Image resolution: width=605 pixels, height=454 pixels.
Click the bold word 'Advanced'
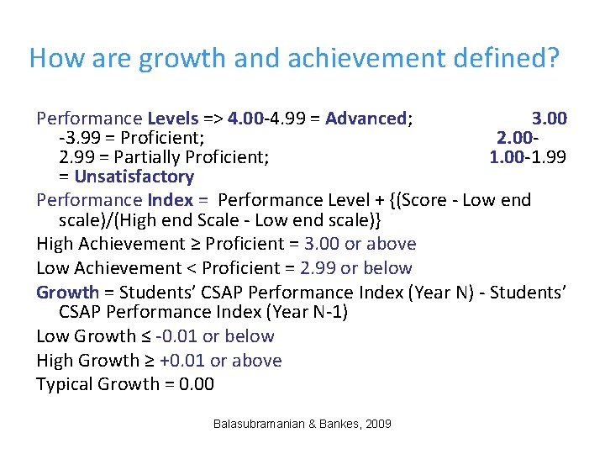(x=366, y=119)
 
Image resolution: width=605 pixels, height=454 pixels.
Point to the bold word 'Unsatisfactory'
(x=134, y=177)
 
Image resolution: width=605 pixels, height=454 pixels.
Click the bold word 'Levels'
(x=173, y=119)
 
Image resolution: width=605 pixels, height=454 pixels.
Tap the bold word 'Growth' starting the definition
(x=67, y=293)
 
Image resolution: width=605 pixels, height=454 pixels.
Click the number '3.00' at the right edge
(x=550, y=119)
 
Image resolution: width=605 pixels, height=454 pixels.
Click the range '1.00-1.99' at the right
(x=528, y=156)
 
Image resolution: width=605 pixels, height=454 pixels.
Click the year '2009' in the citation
(x=377, y=425)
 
